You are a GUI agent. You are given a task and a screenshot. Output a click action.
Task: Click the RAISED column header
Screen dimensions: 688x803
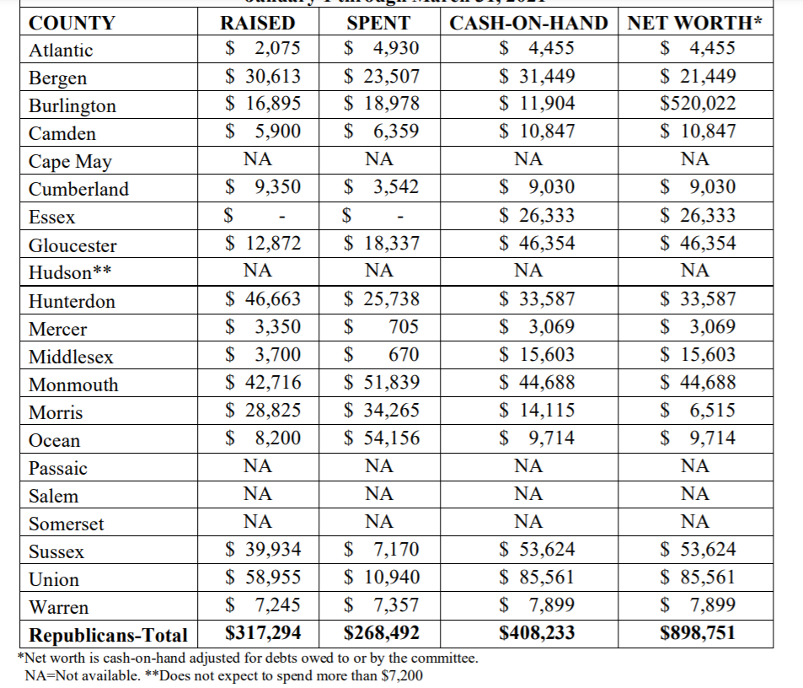pos(257,23)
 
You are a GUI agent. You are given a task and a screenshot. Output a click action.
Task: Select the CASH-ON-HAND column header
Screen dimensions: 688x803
pos(528,23)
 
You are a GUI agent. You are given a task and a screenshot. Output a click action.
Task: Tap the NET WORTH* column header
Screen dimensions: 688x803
pos(695,23)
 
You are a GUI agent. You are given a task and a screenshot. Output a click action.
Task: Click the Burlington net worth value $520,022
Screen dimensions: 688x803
pos(698,104)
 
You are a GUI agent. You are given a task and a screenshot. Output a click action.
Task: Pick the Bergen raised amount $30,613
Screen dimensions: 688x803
pos(263,77)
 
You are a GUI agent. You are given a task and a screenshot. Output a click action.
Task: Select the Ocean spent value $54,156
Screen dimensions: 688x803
pos(383,438)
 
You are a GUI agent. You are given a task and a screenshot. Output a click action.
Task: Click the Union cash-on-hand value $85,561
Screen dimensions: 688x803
pos(537,578)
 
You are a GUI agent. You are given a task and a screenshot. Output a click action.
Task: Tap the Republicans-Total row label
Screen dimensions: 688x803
pos(108,634)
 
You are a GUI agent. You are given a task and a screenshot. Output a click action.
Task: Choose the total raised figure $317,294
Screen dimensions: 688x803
pos(260,632)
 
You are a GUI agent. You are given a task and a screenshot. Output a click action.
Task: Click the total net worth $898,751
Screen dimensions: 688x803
pos(698,632)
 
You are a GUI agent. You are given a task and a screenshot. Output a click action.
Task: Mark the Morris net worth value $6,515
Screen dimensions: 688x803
pos(698,411)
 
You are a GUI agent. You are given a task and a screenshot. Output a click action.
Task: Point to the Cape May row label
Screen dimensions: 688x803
pos(70,161)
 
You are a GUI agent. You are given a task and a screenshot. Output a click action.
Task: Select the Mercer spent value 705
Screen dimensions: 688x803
pos(403,327)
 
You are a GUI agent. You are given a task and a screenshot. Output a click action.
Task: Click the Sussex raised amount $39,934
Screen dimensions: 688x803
pos(263,550)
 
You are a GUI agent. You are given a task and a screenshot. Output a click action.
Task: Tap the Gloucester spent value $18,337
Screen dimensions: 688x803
pos(383,244)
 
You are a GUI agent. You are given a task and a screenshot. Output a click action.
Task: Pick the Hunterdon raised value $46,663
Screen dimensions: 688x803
pos(263,299)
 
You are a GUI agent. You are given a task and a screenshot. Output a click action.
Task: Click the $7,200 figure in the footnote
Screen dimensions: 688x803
pos(404,675)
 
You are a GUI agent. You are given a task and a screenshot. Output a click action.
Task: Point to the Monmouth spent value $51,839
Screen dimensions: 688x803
pos(383,383)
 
